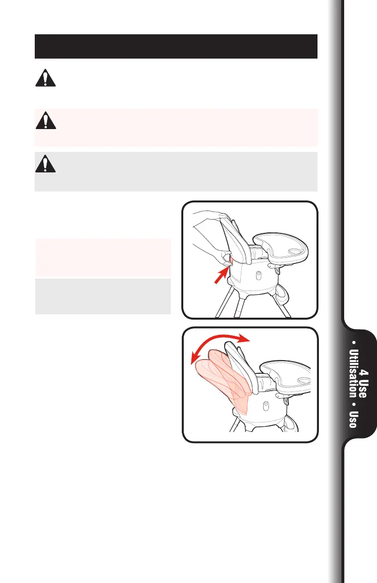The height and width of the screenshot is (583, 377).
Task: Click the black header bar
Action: coord(176,46)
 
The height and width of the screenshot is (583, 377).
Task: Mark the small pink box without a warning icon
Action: coord(103,258)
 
